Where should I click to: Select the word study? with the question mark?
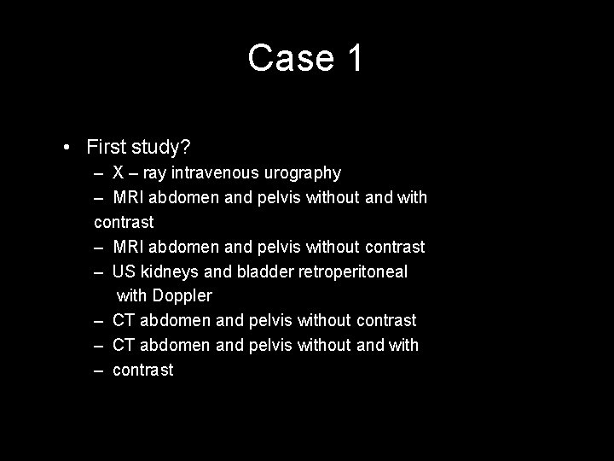[167, 147]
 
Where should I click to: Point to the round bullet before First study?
[67, 147]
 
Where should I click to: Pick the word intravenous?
[217, 173]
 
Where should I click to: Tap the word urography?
[302, 174]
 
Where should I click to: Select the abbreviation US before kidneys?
[123, 271]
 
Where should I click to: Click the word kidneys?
[171, 271]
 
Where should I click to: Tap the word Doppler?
[182, 296]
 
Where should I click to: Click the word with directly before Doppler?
[131, 296]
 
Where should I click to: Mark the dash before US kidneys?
[99, 271]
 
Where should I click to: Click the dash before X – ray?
[99, 173]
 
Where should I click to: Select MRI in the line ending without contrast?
[129, 247]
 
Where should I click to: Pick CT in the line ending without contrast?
[125, 320]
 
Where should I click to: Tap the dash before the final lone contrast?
[99, 370]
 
